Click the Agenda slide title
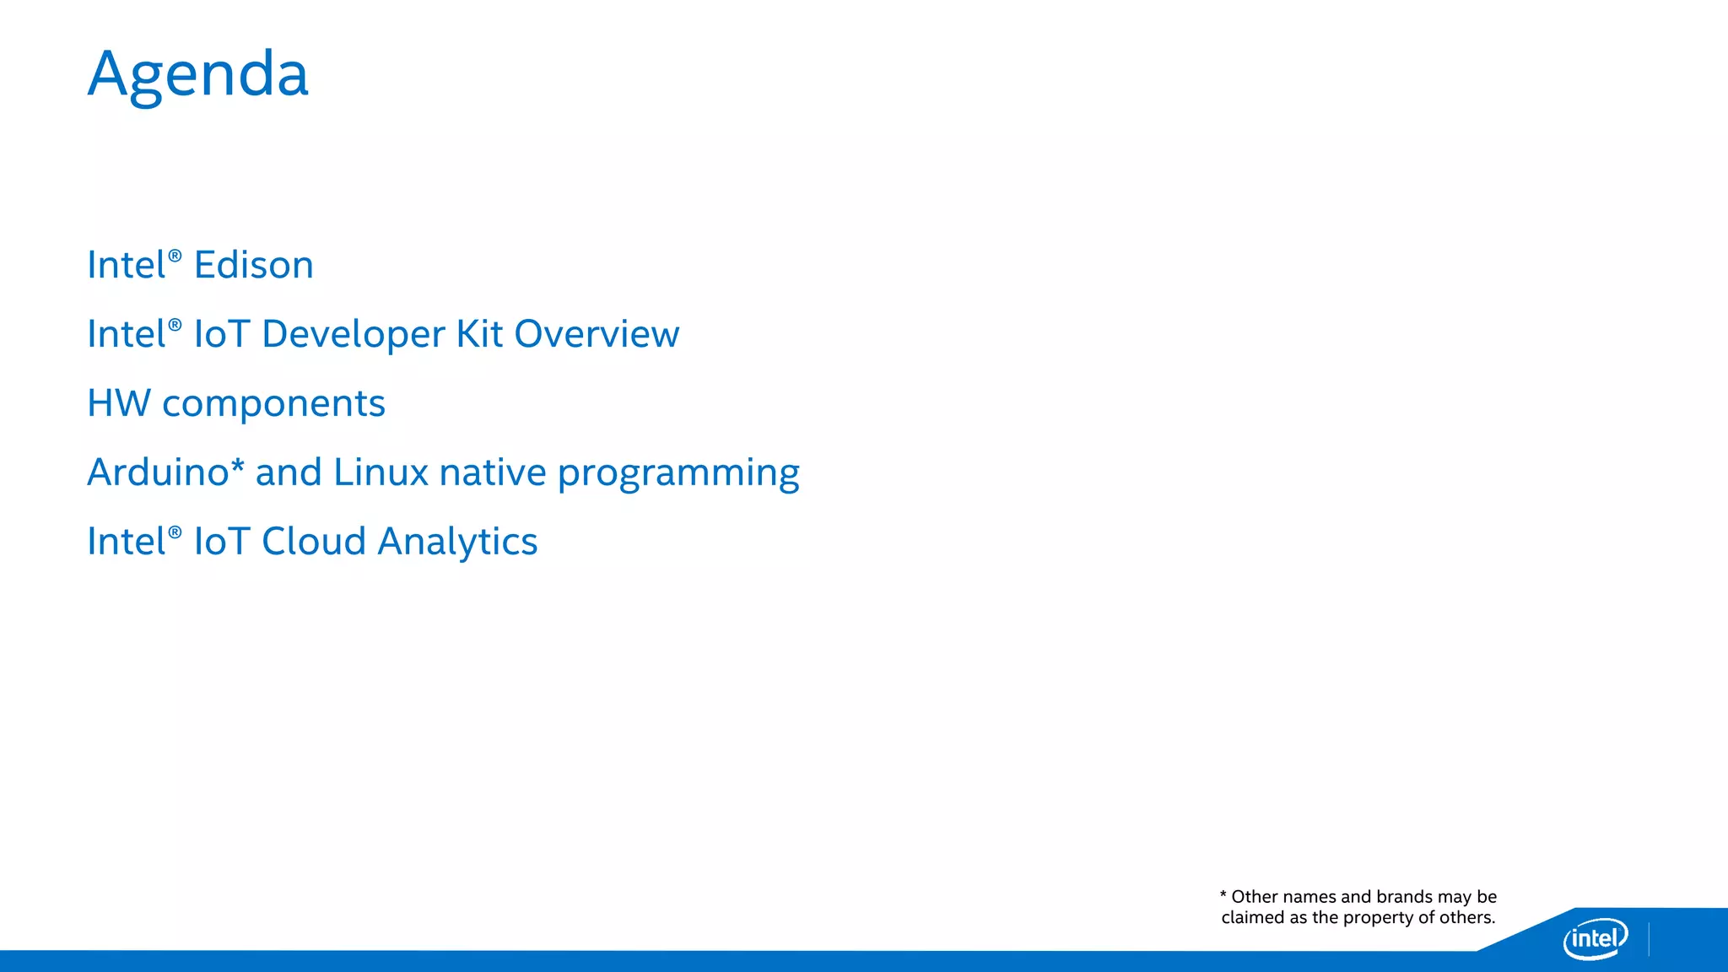[198, 75]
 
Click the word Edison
[253, 265]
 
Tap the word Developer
[354, 335]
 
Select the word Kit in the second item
[479, 334]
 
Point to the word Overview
[597, 334]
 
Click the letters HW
[118, 403]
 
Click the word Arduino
[158, 472]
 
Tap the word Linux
[381, 472]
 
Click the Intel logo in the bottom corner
[1595, 938]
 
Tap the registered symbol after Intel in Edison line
[175, 256]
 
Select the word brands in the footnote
[1404, 897]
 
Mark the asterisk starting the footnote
[1223, 894]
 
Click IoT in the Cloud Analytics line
[222, 542]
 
